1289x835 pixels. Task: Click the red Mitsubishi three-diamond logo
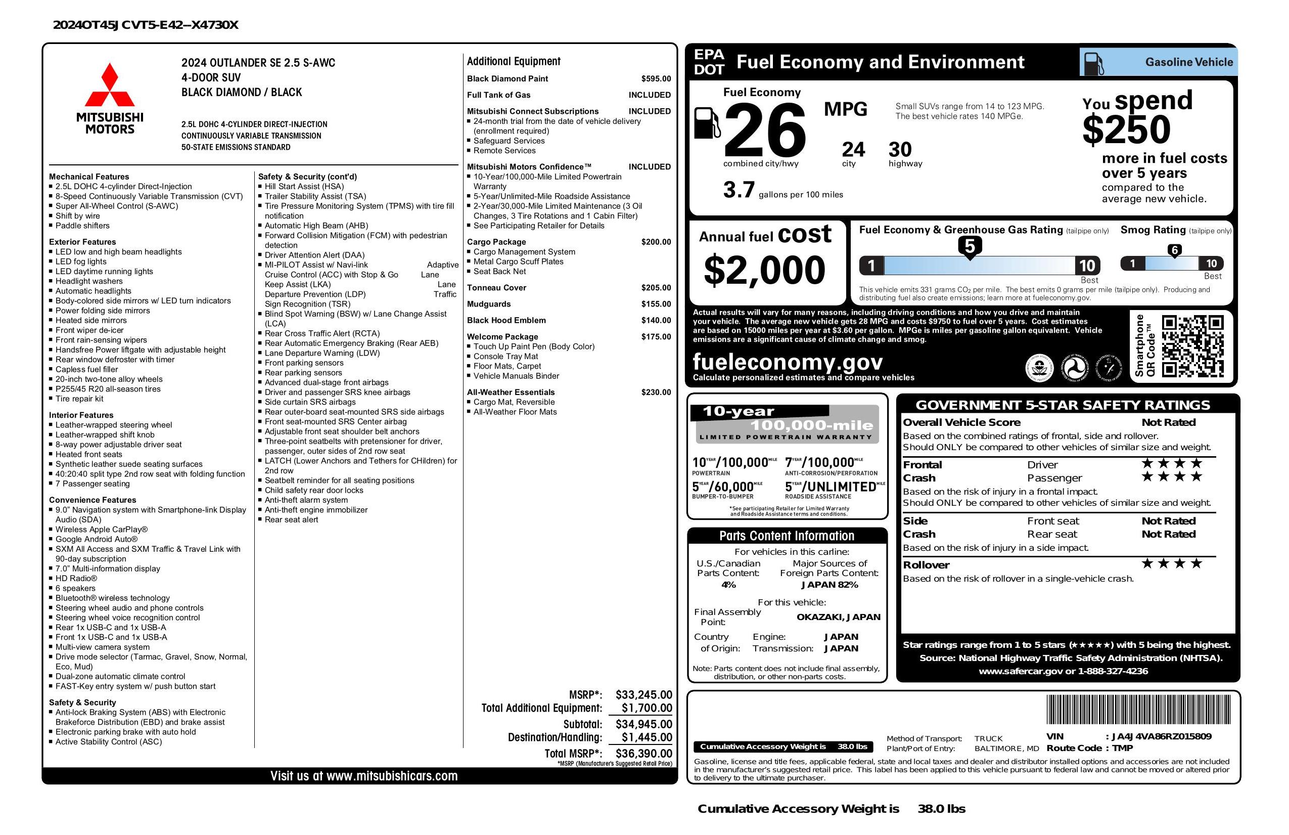pyautogui.click(x=110, y=85)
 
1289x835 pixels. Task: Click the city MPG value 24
pyautogui.click(x=853, y=150)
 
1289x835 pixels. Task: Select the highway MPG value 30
pyautogui.click(x=900, y=150)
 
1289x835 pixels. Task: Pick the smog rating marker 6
pyautogui.click(x=1174, y=250)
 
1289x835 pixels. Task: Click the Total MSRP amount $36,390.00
pyautogui.click(x=643, y=753)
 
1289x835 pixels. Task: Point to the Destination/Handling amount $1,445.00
pyautogui.click(x=647, y=737)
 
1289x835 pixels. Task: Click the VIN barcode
pyautogui.click(x=1138, y=709)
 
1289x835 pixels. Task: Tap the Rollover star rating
pyautogui.click(x=1172, y=563)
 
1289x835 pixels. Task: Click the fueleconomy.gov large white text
pyautogui.click(x=788, y=362)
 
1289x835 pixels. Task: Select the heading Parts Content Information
pyautogui.click(x=787, y=536)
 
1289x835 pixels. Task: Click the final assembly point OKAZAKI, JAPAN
pyautogui.click(x=838, y=617)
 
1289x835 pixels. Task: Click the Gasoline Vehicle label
pyautogui.click(x=1189, y=62)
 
